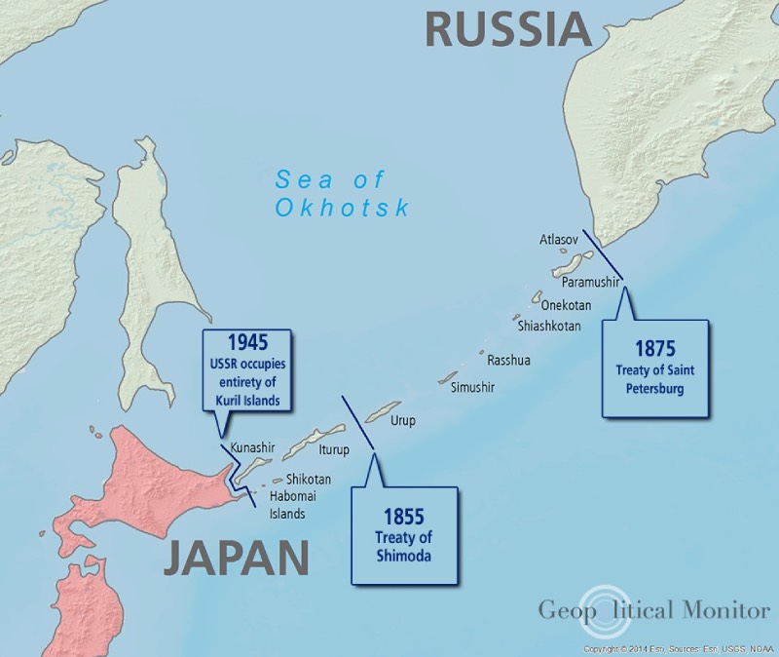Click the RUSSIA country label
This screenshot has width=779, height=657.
(508, 29)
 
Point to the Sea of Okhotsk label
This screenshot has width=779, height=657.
(342, 193)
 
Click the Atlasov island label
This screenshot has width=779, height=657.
(559, 239)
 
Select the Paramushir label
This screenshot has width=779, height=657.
(590, 282)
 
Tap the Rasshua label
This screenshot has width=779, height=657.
(508, 361)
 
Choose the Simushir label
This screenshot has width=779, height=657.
(473, 387)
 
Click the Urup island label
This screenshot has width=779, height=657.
(402, 424)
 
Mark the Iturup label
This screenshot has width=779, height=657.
(333, 450)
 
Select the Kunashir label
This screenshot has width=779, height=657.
(253, 448)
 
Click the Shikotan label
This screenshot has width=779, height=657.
(309, 480)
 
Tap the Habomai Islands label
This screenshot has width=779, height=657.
(287, 505)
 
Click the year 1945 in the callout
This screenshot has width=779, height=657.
(247, 342)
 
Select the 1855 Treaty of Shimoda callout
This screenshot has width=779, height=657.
(403, 535)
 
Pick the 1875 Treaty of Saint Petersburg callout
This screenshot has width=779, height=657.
(654, 367)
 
